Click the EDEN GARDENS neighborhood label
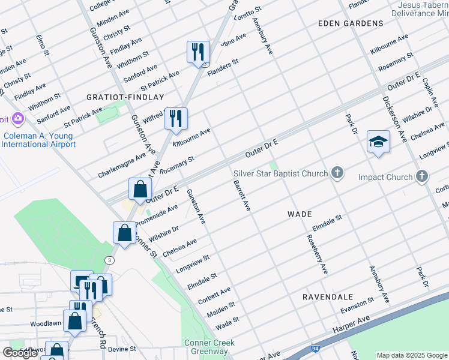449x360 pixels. tap(351, 23)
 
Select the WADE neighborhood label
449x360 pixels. tap(299, 214)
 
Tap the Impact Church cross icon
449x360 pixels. tap(423, 176)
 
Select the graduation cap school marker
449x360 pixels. tap(378, 142)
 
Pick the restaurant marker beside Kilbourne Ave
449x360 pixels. tap(175, 118)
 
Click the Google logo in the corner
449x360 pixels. tap(20, 353)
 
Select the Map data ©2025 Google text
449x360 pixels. tap(412, 355)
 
